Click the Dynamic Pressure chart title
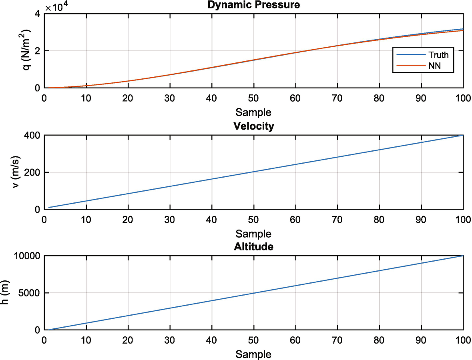coord(253,5)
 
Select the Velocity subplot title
coord(253,126)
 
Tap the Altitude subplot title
coord(253,247)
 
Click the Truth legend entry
coord(438,55)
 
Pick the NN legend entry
coord(434,66)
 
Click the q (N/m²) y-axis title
coord(28,51)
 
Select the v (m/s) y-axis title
coord(16,172)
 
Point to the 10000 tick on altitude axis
coord(28,256)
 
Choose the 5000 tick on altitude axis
coord(30,293)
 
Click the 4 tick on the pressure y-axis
coord(38,14)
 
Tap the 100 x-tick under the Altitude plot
coord(463,340)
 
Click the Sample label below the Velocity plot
coord(253,233)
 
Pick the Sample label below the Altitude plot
coord(253,354)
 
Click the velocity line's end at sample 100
coord(463,135)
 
